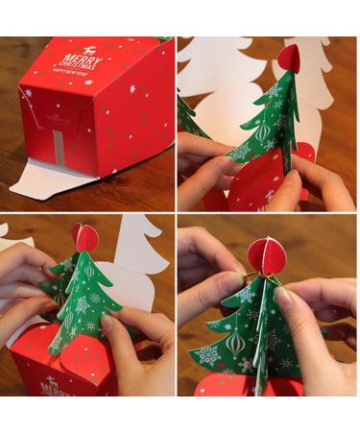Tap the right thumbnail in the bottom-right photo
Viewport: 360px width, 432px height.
point(284,299)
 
